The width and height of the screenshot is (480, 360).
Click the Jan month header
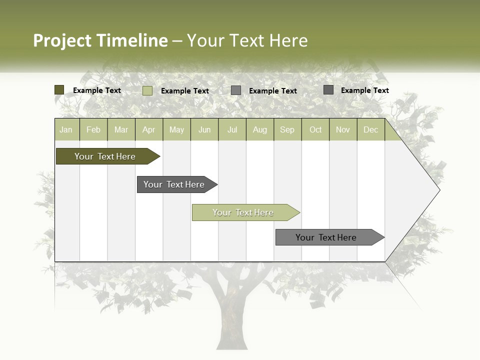point(66,129)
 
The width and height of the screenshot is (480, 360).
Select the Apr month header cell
point(149,129)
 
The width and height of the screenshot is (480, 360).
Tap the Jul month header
point(232,129)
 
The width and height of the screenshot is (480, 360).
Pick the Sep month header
point(287,129)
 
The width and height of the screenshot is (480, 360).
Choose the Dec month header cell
point(370,129)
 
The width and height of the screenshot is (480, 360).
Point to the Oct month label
point(315,129)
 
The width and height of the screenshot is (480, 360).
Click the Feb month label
point(93,129)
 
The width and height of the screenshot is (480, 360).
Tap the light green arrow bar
point(243,212)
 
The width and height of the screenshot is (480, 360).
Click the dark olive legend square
point(59,90)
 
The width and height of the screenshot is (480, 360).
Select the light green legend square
point(147,90)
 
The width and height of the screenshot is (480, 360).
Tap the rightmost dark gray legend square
point(328,90)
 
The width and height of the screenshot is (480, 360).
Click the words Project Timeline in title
point(100,40)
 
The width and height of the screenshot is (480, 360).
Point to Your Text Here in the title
point(247,40)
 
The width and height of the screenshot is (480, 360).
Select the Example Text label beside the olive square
point(97,90)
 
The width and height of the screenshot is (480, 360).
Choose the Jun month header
point(204,129)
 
